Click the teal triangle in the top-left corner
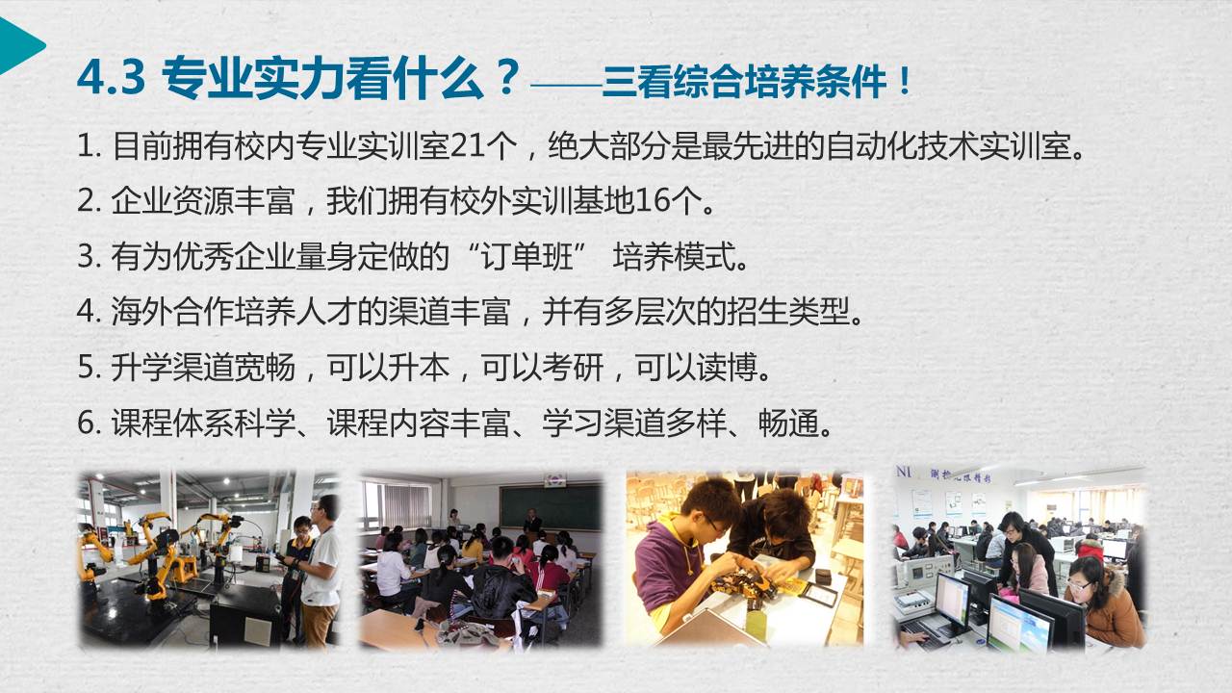19,45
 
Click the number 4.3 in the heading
112,78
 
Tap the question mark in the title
506,78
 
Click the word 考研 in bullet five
573,367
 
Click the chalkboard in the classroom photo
550,507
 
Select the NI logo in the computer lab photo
904,472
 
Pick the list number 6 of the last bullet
86,423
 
